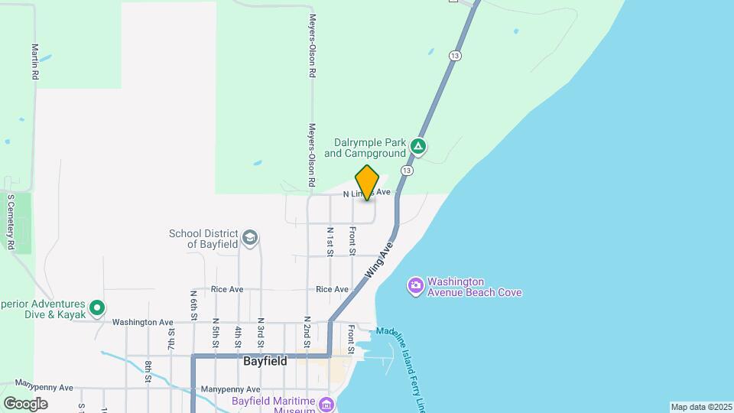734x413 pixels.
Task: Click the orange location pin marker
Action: pos(368,182)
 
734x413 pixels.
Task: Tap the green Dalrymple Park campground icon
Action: pos(417,145)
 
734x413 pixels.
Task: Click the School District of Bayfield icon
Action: pos(249,239)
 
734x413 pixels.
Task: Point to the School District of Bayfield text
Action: pos(203,239)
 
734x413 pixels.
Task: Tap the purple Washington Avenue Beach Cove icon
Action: pos(415,286)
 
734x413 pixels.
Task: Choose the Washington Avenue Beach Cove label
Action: pos(474,286)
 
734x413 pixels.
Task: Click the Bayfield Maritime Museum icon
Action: pos(327,403)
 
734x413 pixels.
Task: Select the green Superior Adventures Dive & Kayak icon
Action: pos(97,308)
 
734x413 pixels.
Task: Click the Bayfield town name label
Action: pos(265,361)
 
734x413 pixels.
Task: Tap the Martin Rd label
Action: pos(35,62)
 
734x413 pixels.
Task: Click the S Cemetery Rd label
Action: pos(11,222)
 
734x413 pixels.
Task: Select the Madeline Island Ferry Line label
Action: pos(417,359)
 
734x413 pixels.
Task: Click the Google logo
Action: pos(25,403)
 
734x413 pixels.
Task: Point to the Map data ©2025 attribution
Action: pos(701,407)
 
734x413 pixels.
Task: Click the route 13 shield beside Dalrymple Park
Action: pos(406,170)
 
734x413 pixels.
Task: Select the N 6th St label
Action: pos(194,304)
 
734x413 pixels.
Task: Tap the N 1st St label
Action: pos(330,240)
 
